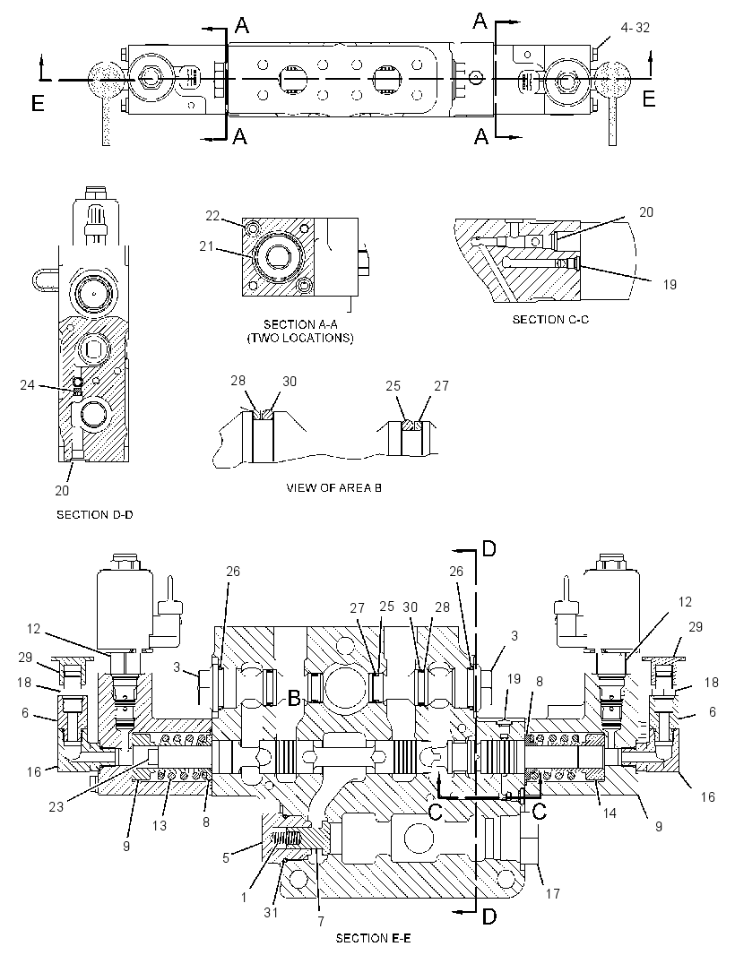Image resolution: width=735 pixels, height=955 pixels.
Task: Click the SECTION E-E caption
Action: click(x=372, y=938)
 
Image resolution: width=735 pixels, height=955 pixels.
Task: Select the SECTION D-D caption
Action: click(x=94, y=514)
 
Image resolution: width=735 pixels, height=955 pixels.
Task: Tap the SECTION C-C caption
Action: click(x=550, y=319)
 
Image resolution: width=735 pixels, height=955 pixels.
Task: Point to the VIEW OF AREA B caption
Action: click(x=333, y=487)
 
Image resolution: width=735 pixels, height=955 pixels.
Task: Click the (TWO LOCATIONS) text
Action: click(x=300, y=338)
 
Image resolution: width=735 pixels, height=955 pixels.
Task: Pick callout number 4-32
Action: click(x=636, y=28)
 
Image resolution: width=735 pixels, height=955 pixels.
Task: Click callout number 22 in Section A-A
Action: click(x=212, y=216)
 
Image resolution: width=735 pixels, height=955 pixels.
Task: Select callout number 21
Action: click(x=206, y=245)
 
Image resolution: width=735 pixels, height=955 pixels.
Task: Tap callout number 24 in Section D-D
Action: click(x=28, y=384)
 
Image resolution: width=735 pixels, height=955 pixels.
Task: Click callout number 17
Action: click(x=552, y=893)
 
